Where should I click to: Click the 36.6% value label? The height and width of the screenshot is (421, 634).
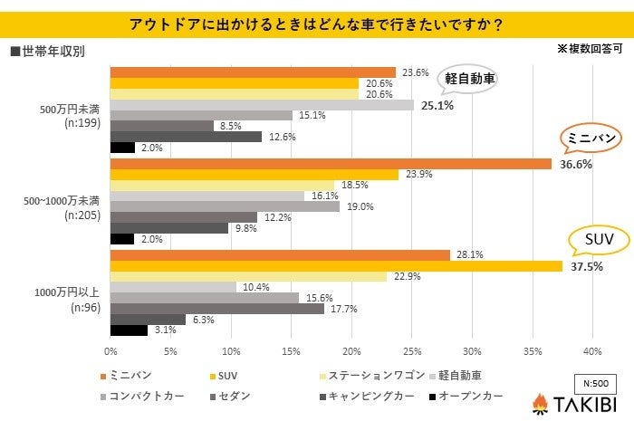[576, 165]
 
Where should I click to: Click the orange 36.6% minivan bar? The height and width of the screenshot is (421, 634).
[331, 164]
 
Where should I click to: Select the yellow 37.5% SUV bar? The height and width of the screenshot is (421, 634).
[336, 266]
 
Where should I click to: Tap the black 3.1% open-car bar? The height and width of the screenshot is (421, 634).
[129, 330]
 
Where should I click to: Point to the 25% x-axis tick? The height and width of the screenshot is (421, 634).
[411, 351]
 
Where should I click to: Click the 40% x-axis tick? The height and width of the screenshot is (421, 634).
[591, 351]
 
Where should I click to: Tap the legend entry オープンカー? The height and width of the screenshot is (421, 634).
[466, 397]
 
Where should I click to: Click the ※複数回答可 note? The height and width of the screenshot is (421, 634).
[591, 49]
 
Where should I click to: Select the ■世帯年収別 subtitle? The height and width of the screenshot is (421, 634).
[50, 52]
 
